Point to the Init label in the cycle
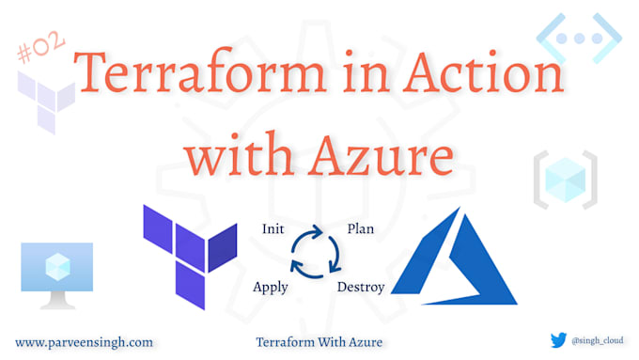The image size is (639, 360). pyautogui.click(x=273, y=227)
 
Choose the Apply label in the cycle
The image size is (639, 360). pyautogui.click(x=271, y=287)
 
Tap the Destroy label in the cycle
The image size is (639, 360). pyautogui.click(x=361, y=287)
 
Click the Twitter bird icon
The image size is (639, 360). pyautogui.click(x=558, y=341)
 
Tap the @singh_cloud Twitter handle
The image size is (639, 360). pyautogui.click(x=596, y=341)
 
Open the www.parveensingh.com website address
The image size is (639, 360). pyautogui.click(x=84, y=342)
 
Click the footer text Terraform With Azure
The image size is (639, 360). pyautogui.click(x=319, y=342)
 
